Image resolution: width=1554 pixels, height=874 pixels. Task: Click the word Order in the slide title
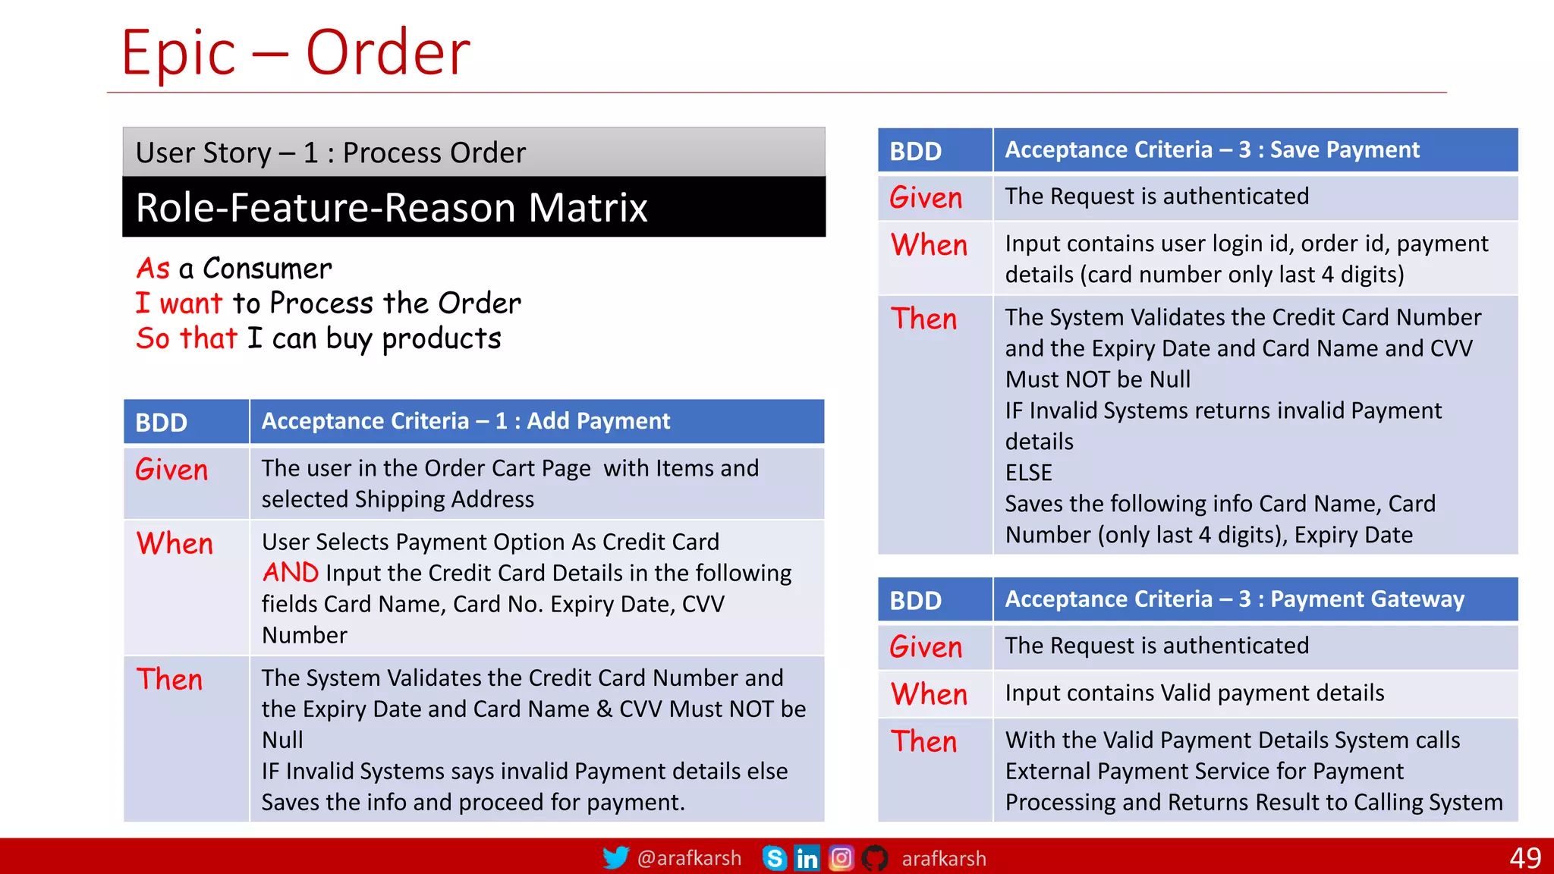point(388,53)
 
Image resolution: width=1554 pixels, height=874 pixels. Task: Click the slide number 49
point(1524,858)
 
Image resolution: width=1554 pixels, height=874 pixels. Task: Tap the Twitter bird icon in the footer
point(615,858)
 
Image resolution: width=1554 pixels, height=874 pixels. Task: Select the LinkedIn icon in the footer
point(807,858)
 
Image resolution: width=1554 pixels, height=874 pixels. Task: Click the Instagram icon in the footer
point(841,858)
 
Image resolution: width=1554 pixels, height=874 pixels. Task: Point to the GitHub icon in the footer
point(874,858)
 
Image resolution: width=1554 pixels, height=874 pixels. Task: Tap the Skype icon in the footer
point(774,858)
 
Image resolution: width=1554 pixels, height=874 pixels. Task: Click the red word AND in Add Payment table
point(291,573)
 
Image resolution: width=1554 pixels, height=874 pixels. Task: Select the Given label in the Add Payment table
point(171,470)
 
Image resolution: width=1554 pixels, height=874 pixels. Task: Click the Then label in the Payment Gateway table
point(923,741)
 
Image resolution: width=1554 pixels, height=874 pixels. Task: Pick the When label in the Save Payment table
point(929,245)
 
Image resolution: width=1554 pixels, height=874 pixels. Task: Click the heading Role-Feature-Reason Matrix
point(392,208)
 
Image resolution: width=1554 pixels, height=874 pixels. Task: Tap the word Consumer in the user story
point(267,269)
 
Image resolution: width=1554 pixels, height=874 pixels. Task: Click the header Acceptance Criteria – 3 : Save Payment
point(1212,150)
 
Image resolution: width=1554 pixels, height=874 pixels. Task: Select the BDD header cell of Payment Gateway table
point(915,600)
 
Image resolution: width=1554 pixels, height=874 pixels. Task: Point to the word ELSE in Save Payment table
point(1028,473)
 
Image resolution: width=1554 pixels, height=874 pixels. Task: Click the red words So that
point(187,338)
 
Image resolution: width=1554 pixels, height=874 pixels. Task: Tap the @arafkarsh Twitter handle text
point(689,858)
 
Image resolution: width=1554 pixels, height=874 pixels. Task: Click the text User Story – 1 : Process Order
point(330,153)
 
